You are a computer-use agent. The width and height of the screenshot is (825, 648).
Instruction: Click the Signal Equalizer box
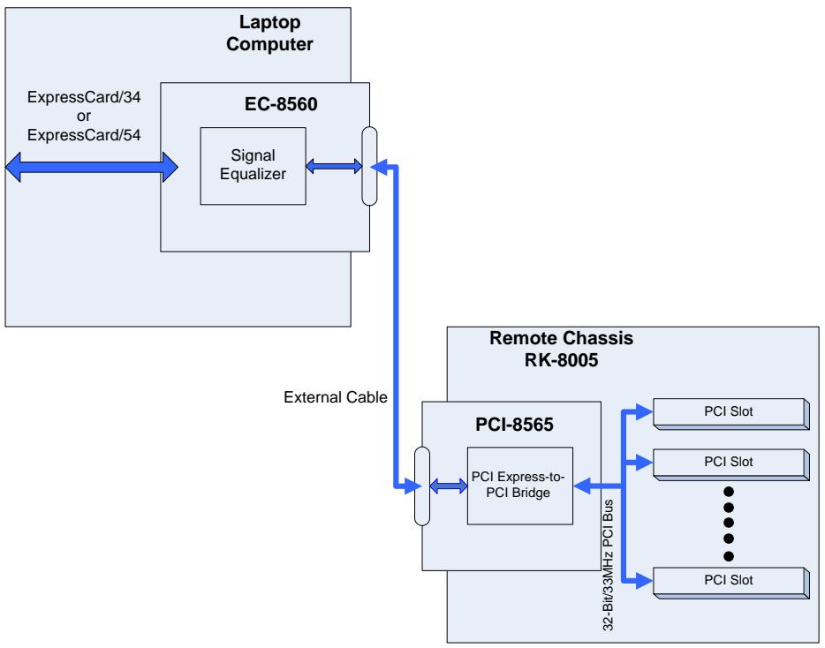coord(254,166)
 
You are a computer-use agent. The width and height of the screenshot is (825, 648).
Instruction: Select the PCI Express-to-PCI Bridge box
coord(520,486)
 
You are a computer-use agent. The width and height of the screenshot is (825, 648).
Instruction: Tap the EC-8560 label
coord(281,104)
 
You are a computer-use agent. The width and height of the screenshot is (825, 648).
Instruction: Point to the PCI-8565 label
coord(514,425)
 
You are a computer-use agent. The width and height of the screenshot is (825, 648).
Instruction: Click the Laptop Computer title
coord(269,34)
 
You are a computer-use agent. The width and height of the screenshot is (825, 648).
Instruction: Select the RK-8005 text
coord(562,360)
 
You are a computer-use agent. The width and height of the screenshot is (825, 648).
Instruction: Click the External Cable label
coord(335,397)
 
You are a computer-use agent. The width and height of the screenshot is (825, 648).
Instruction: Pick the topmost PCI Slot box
coord(730,414)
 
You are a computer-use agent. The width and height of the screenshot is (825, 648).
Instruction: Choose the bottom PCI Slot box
coord(730,583)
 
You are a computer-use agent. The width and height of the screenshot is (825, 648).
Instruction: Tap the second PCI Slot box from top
coord(730,464)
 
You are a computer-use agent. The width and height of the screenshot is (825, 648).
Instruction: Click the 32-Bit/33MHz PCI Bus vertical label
coord(608,565)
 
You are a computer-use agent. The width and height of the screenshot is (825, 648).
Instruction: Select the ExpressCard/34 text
coord(84,97)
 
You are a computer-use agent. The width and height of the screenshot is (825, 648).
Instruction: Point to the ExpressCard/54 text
coord(84,135)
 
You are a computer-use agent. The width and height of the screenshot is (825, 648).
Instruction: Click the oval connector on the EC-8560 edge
coord(369,166)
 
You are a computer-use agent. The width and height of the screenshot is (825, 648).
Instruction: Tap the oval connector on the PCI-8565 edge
coord(422,486)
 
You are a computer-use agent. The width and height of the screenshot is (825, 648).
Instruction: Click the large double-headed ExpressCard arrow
coord(92,167)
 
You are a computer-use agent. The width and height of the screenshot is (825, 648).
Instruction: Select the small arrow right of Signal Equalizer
coord(334,166)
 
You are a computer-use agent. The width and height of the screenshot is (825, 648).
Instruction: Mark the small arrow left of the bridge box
coord(449,486)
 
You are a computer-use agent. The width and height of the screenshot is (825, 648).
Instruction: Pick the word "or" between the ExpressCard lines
coord(84,117)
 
